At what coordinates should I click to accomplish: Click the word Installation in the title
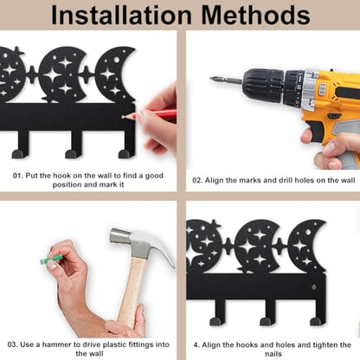coord(121,15)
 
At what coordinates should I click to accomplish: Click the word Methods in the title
coord(256,15)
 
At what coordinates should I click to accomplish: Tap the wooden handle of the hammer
coord(132,292)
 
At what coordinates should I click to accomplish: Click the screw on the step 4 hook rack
coord(313,287)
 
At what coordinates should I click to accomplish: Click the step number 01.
coord(17,176)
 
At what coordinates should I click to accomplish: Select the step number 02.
coord(197,180)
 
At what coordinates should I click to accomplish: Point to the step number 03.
coord(13,344)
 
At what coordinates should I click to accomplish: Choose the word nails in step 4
coord(273,354)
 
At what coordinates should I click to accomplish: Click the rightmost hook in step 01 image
coord(127,145)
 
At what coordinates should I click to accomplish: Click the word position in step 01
coord(67,184)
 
